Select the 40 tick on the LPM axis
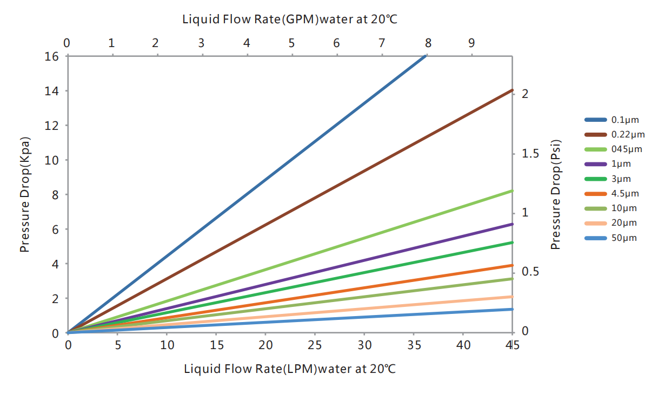463,345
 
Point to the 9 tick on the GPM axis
471,43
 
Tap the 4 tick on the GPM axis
247,43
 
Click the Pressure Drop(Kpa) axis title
24,194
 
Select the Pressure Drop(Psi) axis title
556,194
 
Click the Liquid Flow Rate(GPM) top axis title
290,20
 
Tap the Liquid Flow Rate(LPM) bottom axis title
290,369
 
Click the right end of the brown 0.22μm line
511,90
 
